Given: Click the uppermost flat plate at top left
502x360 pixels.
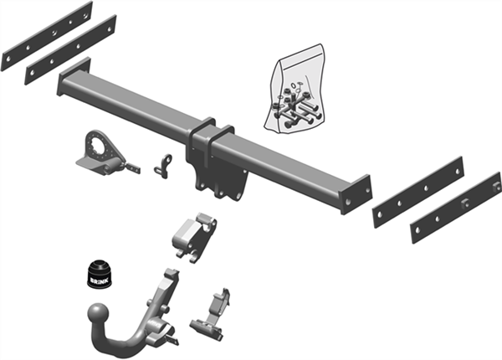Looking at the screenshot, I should (x=46, y=36).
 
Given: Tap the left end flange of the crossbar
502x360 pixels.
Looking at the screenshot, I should (x=64, y=84).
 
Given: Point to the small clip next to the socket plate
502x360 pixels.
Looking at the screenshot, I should (x=165, y=163).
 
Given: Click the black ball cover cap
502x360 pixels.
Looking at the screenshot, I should (x=100, y=274).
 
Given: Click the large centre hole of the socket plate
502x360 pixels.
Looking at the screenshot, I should (x=100, y=147).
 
